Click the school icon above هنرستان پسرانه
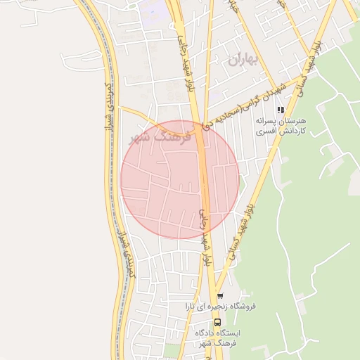[281, 110]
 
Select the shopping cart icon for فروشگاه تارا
[221, 295]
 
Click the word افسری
[268, 131]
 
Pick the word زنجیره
[212, 306]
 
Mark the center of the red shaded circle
[179, 179]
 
